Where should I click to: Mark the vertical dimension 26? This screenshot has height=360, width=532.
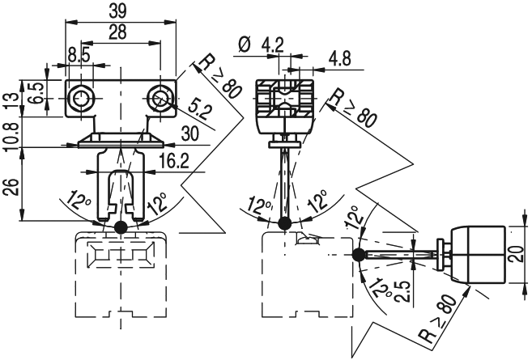pyautogui.click(x=9, y=187)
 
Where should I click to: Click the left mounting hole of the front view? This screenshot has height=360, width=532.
pyautogui.click(x=79, y=98)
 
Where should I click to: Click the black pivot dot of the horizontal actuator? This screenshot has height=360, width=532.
pyautogui.click(x=358, y=256)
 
